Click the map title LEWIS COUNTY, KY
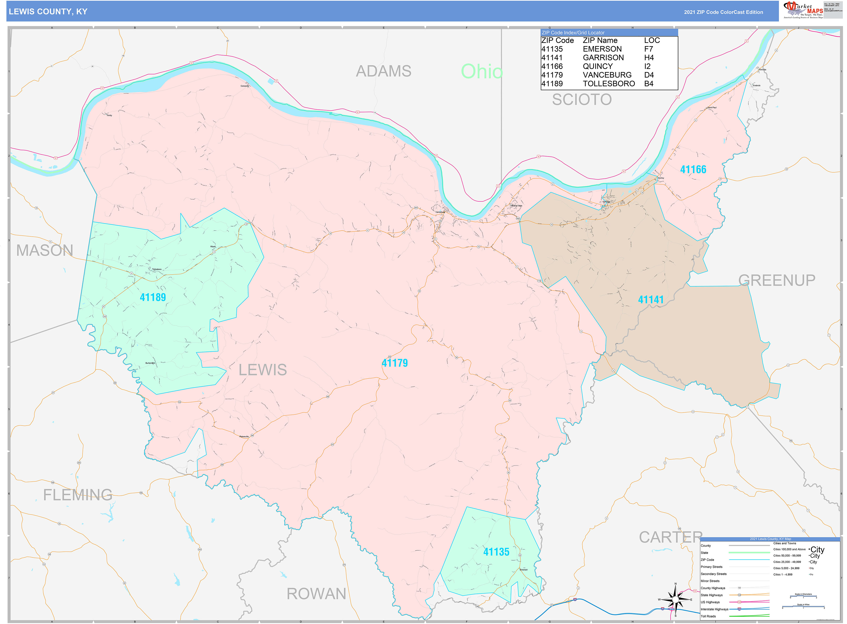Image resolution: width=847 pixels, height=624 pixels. [48, 12]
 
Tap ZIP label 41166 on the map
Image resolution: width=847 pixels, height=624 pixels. [693, 170]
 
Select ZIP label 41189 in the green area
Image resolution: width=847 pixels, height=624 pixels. [153, 297]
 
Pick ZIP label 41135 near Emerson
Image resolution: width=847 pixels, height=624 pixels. [496, 552]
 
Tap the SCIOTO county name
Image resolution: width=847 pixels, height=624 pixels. [581, 100]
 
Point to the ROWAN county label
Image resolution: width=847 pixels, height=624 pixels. [316, 594]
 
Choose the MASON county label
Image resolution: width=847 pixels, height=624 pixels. [45, 250]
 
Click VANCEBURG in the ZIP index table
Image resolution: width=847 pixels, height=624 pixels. [607, 75]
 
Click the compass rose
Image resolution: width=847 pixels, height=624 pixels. [675, 600]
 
